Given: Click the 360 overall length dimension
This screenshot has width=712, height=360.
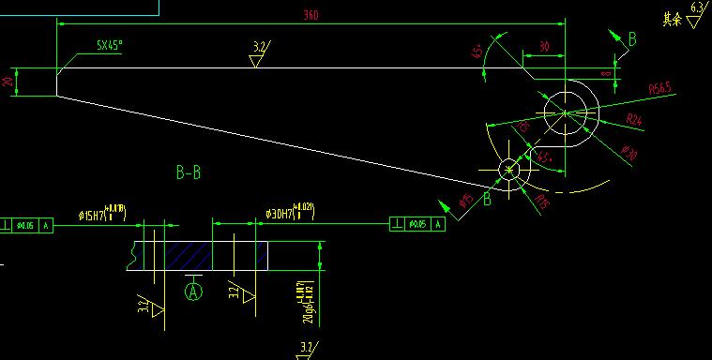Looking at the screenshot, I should [311, 14].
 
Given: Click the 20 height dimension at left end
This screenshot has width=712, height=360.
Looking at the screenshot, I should [8, 82].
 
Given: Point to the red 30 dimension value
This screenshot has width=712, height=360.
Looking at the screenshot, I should [543, 46].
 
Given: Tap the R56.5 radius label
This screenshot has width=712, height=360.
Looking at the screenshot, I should [661, 88].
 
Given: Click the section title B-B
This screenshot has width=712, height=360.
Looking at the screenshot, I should [189, 172].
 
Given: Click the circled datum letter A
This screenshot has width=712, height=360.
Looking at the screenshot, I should [194, 292].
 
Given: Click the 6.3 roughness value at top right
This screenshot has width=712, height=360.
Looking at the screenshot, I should [696, 8].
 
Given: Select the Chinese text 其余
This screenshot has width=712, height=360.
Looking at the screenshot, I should [671, 19].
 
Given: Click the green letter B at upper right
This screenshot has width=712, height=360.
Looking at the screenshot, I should [631, 38].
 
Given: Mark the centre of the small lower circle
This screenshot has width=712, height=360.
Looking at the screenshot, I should [509, 170].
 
